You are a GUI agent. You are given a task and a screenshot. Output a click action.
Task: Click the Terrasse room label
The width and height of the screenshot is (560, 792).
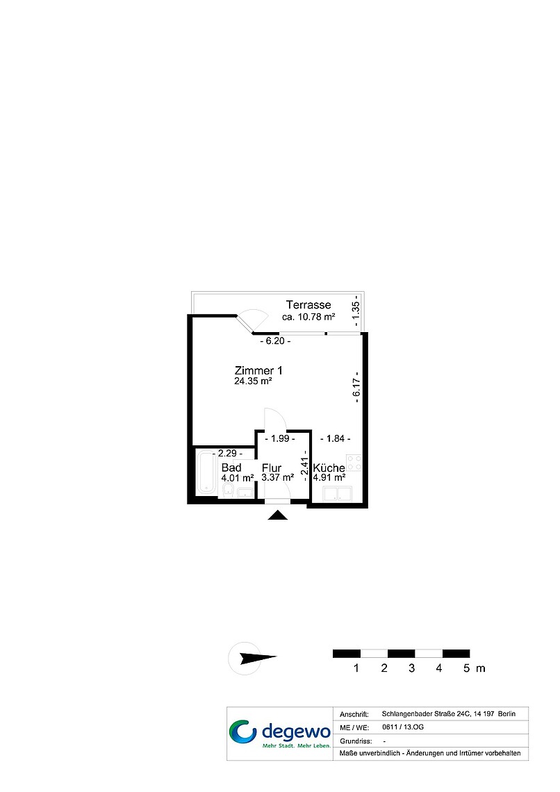pyautogui.click(x=308, y=304)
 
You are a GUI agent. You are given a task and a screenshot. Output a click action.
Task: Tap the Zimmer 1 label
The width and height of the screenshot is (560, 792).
pyautogui.click(x=258, y=370)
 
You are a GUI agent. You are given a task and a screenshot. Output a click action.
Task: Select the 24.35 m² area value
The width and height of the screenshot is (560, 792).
pyautogui.click(x=253, y=381)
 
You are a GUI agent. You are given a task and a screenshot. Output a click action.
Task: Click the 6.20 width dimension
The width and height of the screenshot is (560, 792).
pyautogui.click(x=274, y=341)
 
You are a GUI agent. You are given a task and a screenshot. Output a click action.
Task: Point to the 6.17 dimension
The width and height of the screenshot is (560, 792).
pyautogui.click(x=356, y=388)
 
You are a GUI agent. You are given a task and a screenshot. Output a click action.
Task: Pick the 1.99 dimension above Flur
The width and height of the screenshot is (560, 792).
pyautogui.click(x=280, y=438)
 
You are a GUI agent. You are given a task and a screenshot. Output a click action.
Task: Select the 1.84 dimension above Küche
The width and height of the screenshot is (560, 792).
pyautogui.click(x=336, y=438)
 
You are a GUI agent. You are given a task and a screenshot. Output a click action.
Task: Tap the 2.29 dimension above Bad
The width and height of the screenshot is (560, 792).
pyautogui.click(x=227, y=453)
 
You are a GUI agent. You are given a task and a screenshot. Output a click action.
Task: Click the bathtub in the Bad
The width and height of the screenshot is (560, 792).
pyautogui.click(x=206, y=472)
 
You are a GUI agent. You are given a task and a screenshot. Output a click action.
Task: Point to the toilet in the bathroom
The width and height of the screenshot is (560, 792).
pyautogui.click(x=228, y=489)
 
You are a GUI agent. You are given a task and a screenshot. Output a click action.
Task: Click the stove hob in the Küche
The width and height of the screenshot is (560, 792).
pyautogui.click(x=354, y=462)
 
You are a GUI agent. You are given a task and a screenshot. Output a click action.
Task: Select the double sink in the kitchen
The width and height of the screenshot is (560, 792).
pyautogui.click(x=338, y=493)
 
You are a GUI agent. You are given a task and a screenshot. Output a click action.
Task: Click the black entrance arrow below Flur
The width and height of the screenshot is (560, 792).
pyautogui.click(x=277, y=515)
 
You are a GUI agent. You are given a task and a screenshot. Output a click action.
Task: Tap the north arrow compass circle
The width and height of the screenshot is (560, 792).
pyautogui.click(x=245, y=658)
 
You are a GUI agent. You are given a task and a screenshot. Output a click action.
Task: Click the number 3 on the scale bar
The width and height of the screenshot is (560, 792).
pyautogui.click(x=411, y=668)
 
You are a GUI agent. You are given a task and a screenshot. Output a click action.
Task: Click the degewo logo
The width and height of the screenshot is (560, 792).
pyautogui.click(x=280, y=734)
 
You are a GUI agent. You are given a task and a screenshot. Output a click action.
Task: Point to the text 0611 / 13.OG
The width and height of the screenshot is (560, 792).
pyautogui.click(x=403, y=727)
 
